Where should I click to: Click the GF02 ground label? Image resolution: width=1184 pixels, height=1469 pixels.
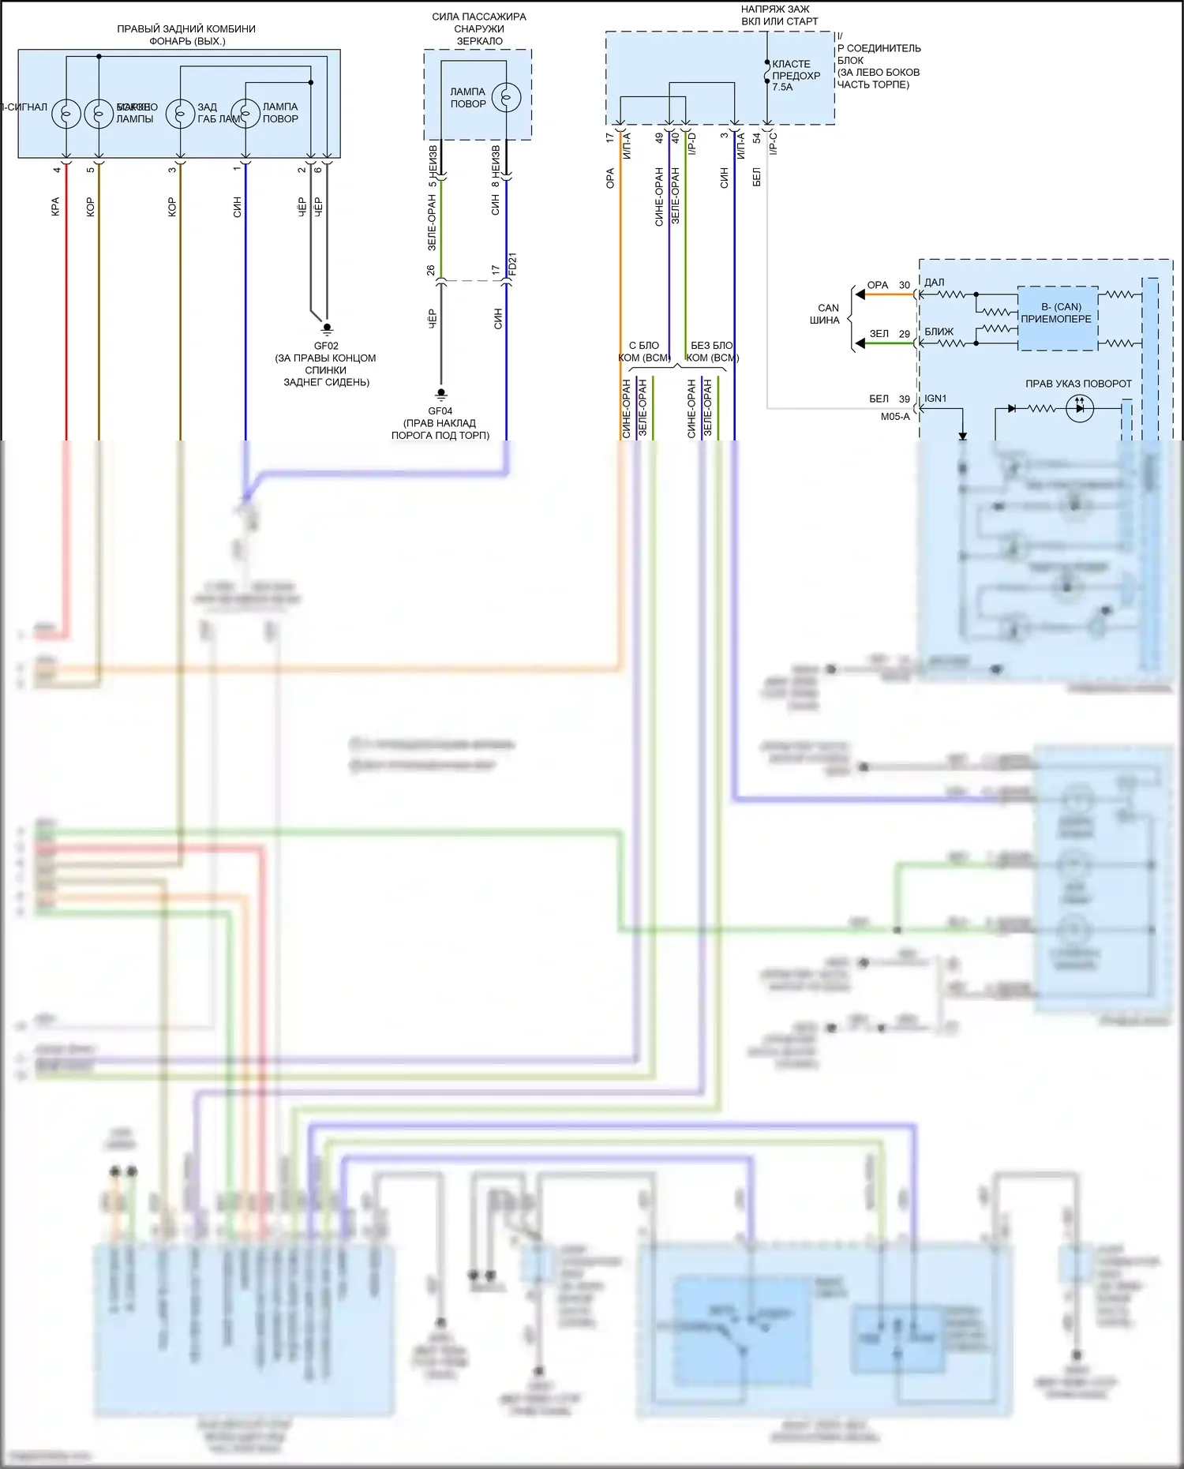(x=326, y=346)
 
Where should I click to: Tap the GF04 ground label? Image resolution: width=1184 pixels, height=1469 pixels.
(x=440, y=411)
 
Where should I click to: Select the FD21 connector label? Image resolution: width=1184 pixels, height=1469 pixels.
(x=512, y=264)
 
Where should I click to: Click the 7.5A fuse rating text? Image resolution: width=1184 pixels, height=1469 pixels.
(x=782, y=88)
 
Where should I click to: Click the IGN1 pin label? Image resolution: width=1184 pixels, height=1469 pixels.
(x=935, y=399)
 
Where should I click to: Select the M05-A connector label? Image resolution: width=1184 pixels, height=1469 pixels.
(x=895, y=417)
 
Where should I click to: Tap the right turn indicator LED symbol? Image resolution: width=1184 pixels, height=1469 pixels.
(x=1079, y=408)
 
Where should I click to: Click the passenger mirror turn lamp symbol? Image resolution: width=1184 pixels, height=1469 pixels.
(x=506, y=98)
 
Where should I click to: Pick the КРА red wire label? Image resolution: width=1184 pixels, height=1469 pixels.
(x=55, y=207)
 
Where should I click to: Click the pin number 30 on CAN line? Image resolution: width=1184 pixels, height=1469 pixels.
(x=905, y=286)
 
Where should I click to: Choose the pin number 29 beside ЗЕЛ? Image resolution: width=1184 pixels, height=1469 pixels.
(x=905, y=334)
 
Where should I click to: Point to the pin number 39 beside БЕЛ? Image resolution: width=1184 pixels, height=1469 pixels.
(x=905, y=399)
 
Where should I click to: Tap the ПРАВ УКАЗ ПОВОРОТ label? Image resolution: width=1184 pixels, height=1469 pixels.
(x=1078, y=384)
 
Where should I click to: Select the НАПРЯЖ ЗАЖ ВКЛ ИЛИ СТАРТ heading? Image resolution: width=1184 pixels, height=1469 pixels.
(x=778, y=16)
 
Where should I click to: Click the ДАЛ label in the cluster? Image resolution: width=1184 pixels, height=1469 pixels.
(x=934, y=283)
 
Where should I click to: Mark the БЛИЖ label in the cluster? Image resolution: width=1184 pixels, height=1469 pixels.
(x=939, y=332)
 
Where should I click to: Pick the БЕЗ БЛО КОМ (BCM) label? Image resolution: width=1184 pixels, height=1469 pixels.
(x=712, y=351)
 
